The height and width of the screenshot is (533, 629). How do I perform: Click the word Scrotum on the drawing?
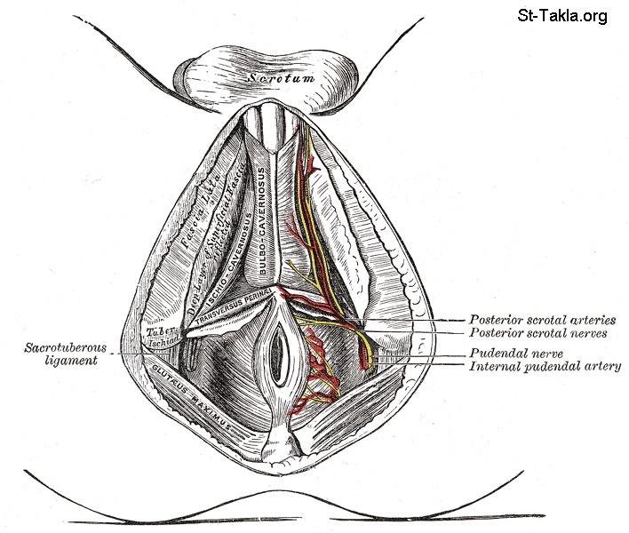click(281, 77)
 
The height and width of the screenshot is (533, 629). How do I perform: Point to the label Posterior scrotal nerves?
click(538, 334)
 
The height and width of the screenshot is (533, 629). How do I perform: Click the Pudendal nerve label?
click(511, 352)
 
